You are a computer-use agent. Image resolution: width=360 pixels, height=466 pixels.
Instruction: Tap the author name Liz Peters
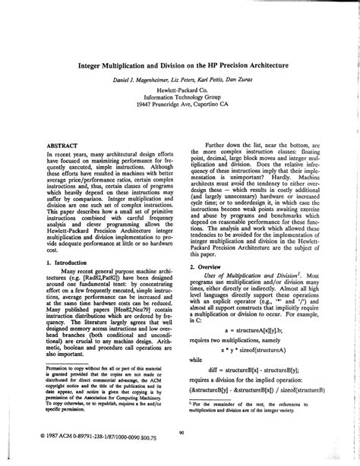point(172,80)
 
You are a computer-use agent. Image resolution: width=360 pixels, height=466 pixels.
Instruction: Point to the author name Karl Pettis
point(207,80)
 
